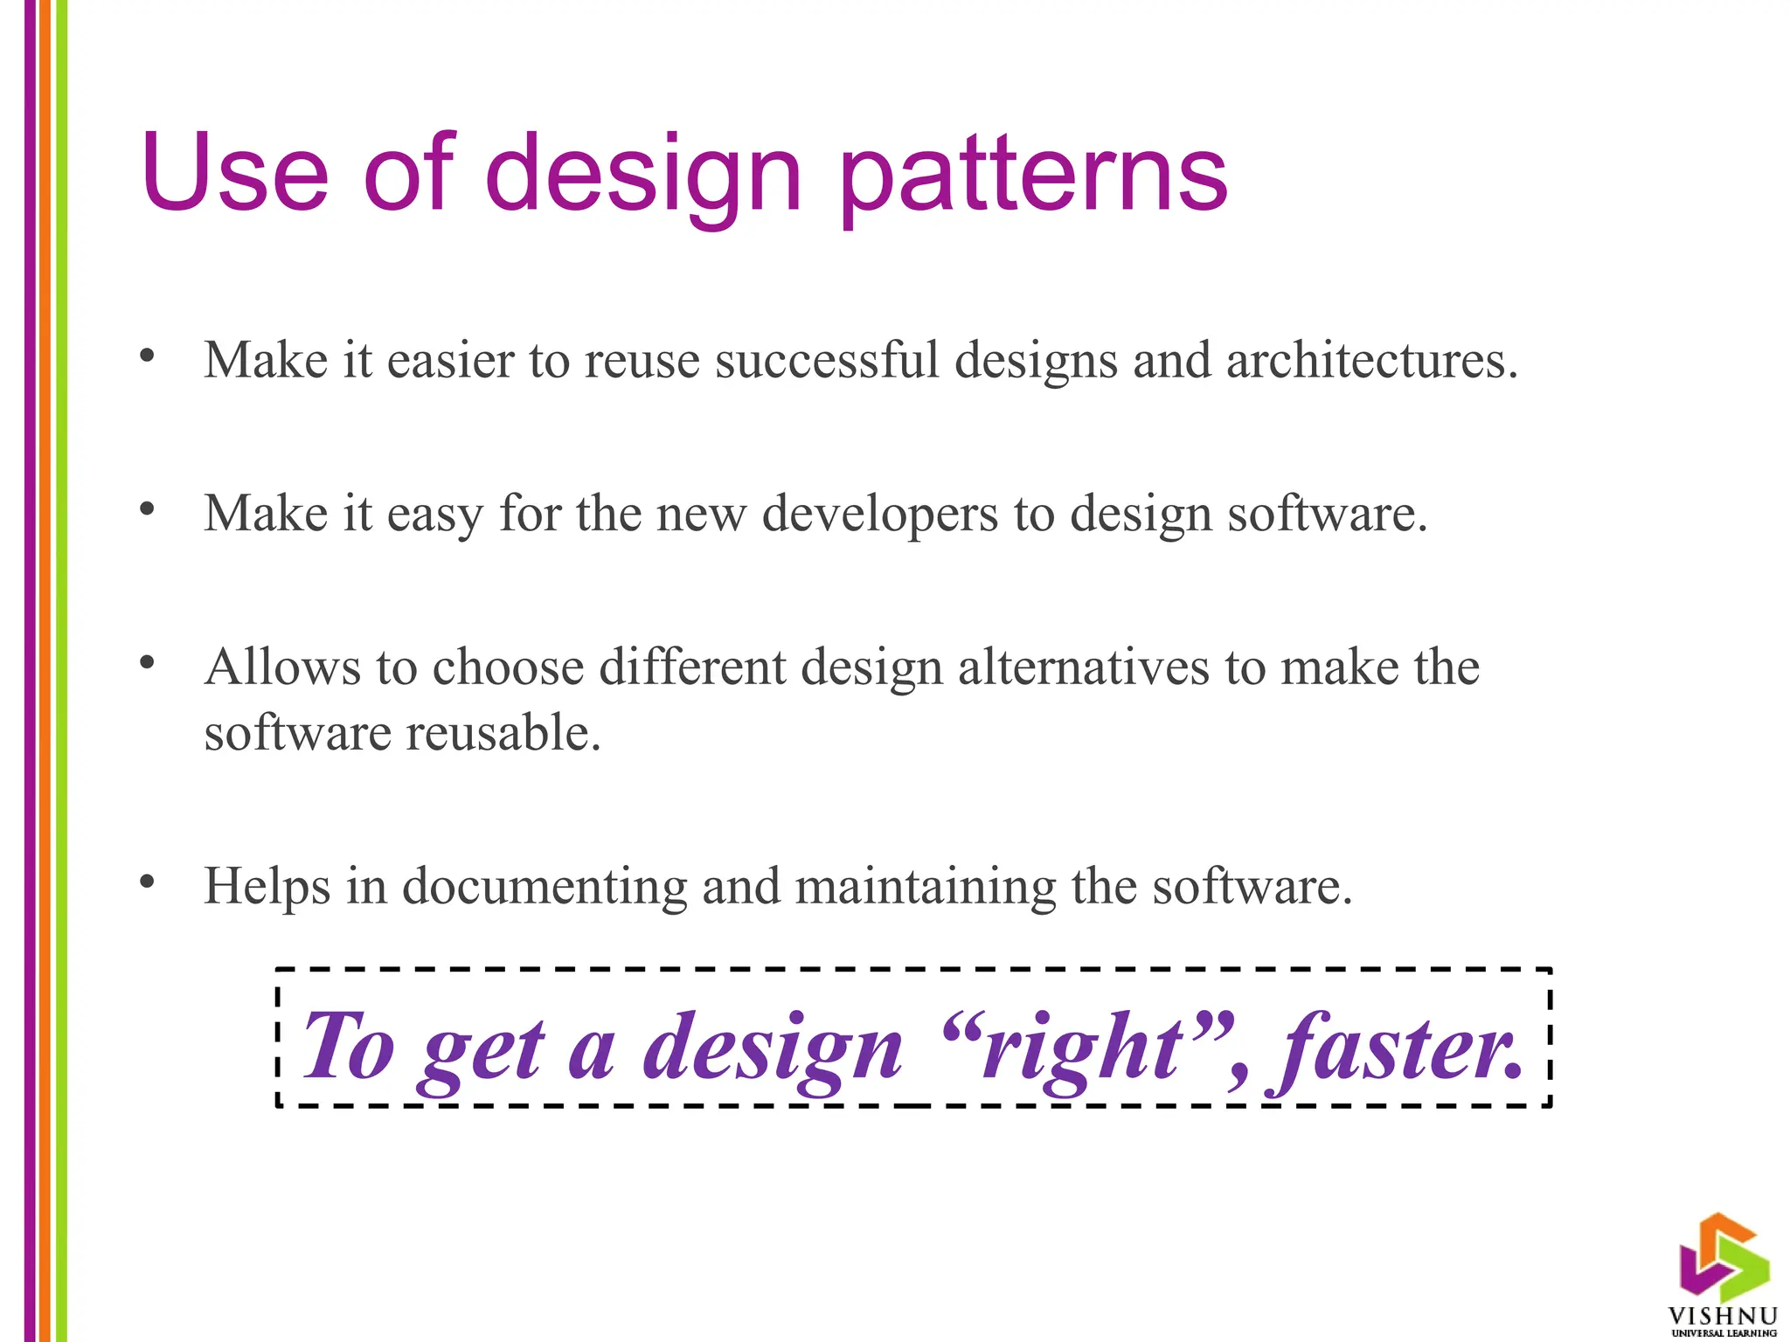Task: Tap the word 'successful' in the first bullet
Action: [x=826, y=360]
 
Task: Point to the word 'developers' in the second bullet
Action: [x=879, y=514]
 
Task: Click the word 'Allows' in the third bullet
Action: [x=281, y=668]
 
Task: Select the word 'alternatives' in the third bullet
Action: [x=1083, y=668]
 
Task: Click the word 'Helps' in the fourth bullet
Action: [x=267, y=887]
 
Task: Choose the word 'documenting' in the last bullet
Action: [x=545, y=887]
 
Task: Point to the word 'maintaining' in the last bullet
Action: [x=926, y=887]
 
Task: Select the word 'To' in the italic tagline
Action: [x=348, y=1048]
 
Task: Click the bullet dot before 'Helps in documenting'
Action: [x=147, y=882]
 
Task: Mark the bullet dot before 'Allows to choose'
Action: [x=147, y=663]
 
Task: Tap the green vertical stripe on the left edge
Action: [x=61, y=671]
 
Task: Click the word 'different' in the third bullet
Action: [x=692, y=668]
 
